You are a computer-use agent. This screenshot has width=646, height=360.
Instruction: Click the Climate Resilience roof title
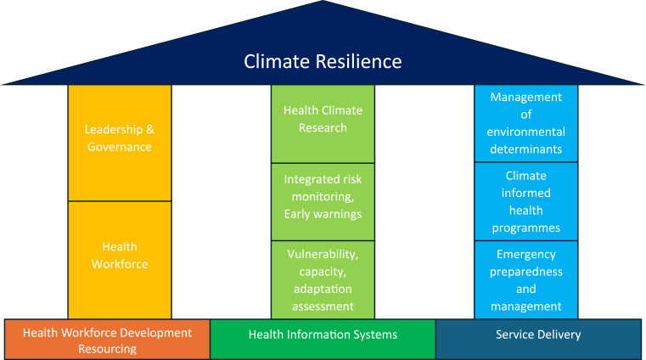(323, 61)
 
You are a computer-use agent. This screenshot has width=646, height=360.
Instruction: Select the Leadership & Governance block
(119, 138)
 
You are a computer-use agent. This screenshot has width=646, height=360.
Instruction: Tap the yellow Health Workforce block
(119, 256)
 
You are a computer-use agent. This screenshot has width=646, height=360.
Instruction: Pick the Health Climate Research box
(323, 120)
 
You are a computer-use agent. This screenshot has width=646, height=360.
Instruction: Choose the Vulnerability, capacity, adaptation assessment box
(323, 279)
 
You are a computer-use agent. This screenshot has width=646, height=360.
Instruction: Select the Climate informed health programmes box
(525, 202)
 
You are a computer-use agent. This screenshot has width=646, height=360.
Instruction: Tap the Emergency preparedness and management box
(525, 279)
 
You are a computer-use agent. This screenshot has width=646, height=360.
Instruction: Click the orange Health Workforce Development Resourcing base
(107, 340)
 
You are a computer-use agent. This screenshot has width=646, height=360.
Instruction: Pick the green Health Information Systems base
(323, 335)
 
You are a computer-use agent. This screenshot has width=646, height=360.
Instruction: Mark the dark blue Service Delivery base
(538, 335)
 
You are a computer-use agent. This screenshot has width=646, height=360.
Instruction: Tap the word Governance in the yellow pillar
(119, 147)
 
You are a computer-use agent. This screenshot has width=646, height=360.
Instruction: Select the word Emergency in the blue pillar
(525, 253)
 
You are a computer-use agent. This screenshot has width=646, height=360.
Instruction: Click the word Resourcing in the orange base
(107, 348)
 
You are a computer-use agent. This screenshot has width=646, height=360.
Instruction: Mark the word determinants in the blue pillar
(525, 149)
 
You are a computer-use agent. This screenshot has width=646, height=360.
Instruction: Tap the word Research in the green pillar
(323, 128)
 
